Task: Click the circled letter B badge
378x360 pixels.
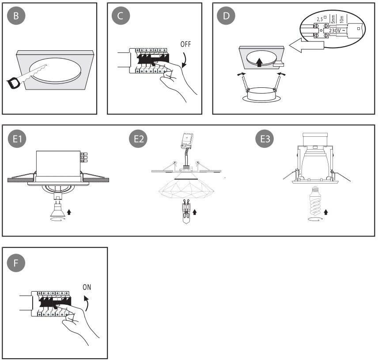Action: pyautogui.click(x=16, y=16)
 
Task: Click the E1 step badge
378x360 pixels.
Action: pyautogui.click(x=17, y=139)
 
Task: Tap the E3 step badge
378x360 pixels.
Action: pyautogui.click(x=265, y=139)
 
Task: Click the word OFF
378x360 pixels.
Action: pyautogui.click(x=186, y=45)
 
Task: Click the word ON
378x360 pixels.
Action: pyautogui.click(x=87, y=287)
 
